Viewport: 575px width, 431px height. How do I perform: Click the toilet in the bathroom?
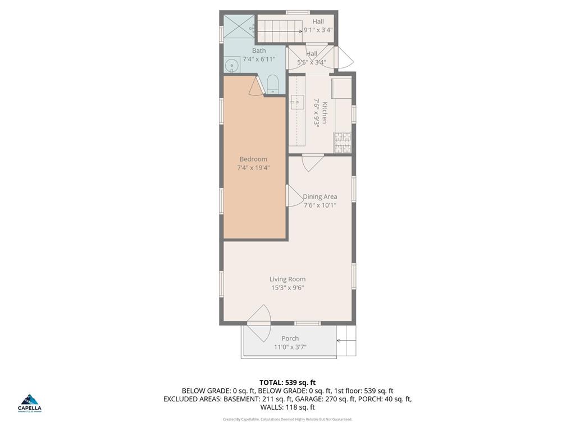pos(272,85)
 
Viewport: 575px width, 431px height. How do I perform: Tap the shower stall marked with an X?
pos(239,26)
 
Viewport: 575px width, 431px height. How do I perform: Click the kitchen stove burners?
pos(343,143)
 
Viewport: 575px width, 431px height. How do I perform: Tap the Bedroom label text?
pos(253,159)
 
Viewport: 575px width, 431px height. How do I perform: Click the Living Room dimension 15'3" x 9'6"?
pos(287,288)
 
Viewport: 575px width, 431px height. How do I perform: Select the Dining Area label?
pos(320,196)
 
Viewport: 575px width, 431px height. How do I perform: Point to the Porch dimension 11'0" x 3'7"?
pos(290,347)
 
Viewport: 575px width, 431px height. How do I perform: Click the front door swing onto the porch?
pos(259,324)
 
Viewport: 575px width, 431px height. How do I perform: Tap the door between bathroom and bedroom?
pos(257,86)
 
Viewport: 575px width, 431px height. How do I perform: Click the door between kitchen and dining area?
pos(313,162)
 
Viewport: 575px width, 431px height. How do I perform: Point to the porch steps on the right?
pos(346,347)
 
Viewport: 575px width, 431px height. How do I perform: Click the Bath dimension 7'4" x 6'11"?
pos(259,59)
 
